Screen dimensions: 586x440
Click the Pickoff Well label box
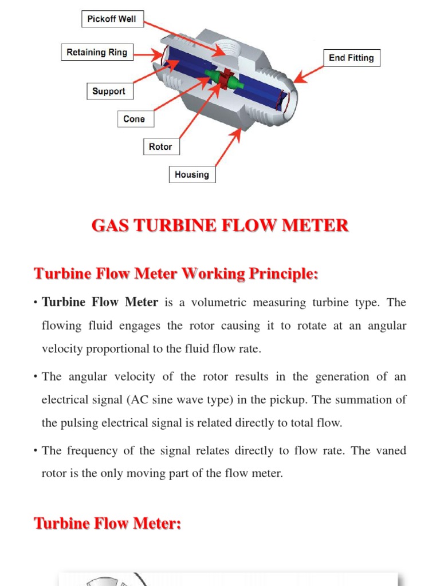click(x=112, y=19)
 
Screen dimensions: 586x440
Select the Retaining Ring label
click(x=97, y=53)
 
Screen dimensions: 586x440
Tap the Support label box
click(x=109, y=92)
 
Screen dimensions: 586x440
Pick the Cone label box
click(x=134, y=119)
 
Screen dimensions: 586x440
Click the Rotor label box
click(x=160, y=147)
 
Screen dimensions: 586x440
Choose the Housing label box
click(x=192, y=175)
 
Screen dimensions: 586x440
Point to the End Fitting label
click(x=351, y=58)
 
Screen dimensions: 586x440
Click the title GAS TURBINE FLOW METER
click(x=220, y=225)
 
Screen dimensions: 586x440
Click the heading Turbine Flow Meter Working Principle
click(x=176, y=274)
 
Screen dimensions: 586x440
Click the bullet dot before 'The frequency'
click(x=36, y=451)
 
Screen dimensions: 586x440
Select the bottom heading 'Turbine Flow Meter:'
click(x=108, y=523)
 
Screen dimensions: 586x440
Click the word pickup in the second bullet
click(x=311, y=399)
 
